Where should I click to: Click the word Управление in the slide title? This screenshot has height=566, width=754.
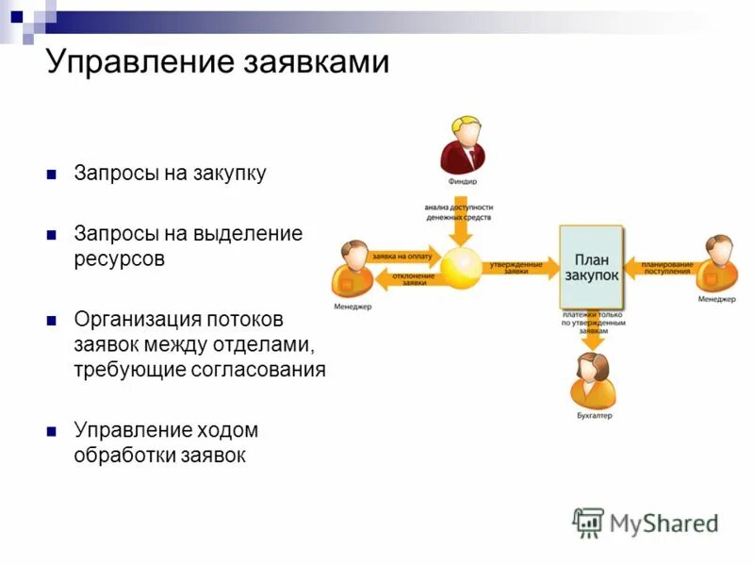[139, 62]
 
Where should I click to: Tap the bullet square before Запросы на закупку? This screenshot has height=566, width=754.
[53, 175]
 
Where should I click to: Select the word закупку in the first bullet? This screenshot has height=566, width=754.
[232, 174]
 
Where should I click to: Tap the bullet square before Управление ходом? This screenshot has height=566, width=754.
[53, 431]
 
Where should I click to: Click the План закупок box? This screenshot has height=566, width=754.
[591, 267]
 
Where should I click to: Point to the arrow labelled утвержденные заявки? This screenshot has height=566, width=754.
[521, 268]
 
